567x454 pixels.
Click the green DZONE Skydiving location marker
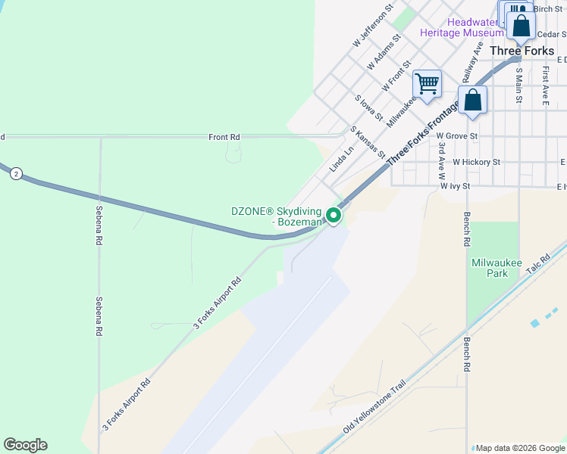tap(334, 217)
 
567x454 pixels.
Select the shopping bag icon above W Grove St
tap(472, 100)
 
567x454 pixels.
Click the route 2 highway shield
tap(16, 174)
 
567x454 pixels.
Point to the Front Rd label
tap(224, 137)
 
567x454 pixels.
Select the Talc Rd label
tap(538, 264)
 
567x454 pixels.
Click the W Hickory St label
tap(476, 162)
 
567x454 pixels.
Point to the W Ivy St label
tap(456, 185)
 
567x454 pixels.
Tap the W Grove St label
tap(457, 136)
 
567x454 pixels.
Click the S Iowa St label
tap(368, 107)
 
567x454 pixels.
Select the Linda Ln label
tap(342, 159)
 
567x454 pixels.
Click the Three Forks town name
tap(522, 51)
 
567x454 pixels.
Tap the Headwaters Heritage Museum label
tap(462, 27)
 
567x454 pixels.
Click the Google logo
tap(25, 445)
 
